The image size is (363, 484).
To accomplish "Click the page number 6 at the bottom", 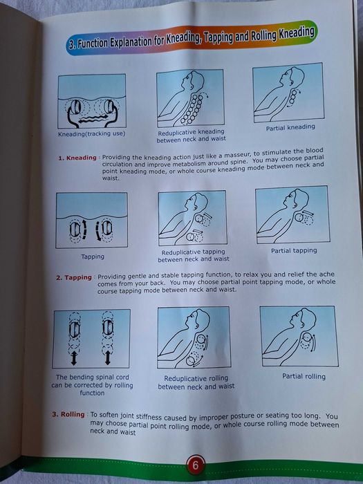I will (x=196, y=465).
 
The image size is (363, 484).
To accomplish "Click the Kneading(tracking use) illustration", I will (x=92, y=102).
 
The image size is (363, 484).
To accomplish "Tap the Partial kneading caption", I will (x=290, y=127).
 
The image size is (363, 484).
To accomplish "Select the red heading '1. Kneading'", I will (x=77, y=158).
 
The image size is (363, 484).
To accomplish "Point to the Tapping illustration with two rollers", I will (x=92, y=221).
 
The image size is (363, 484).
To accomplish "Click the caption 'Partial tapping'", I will (x=294, y=250).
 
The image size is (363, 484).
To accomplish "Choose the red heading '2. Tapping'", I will (x=74, y=278).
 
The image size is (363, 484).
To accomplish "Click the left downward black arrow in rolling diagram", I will (x=74, y=359).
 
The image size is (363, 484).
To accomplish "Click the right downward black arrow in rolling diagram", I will (x=108, y=359).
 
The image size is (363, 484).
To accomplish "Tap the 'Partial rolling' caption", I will (x=304, y=377).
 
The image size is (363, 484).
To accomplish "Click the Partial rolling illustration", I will (x=298, y=336).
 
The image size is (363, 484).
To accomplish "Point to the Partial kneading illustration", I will (x=288, y=93).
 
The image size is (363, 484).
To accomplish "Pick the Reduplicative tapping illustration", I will (x=192, y=218).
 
